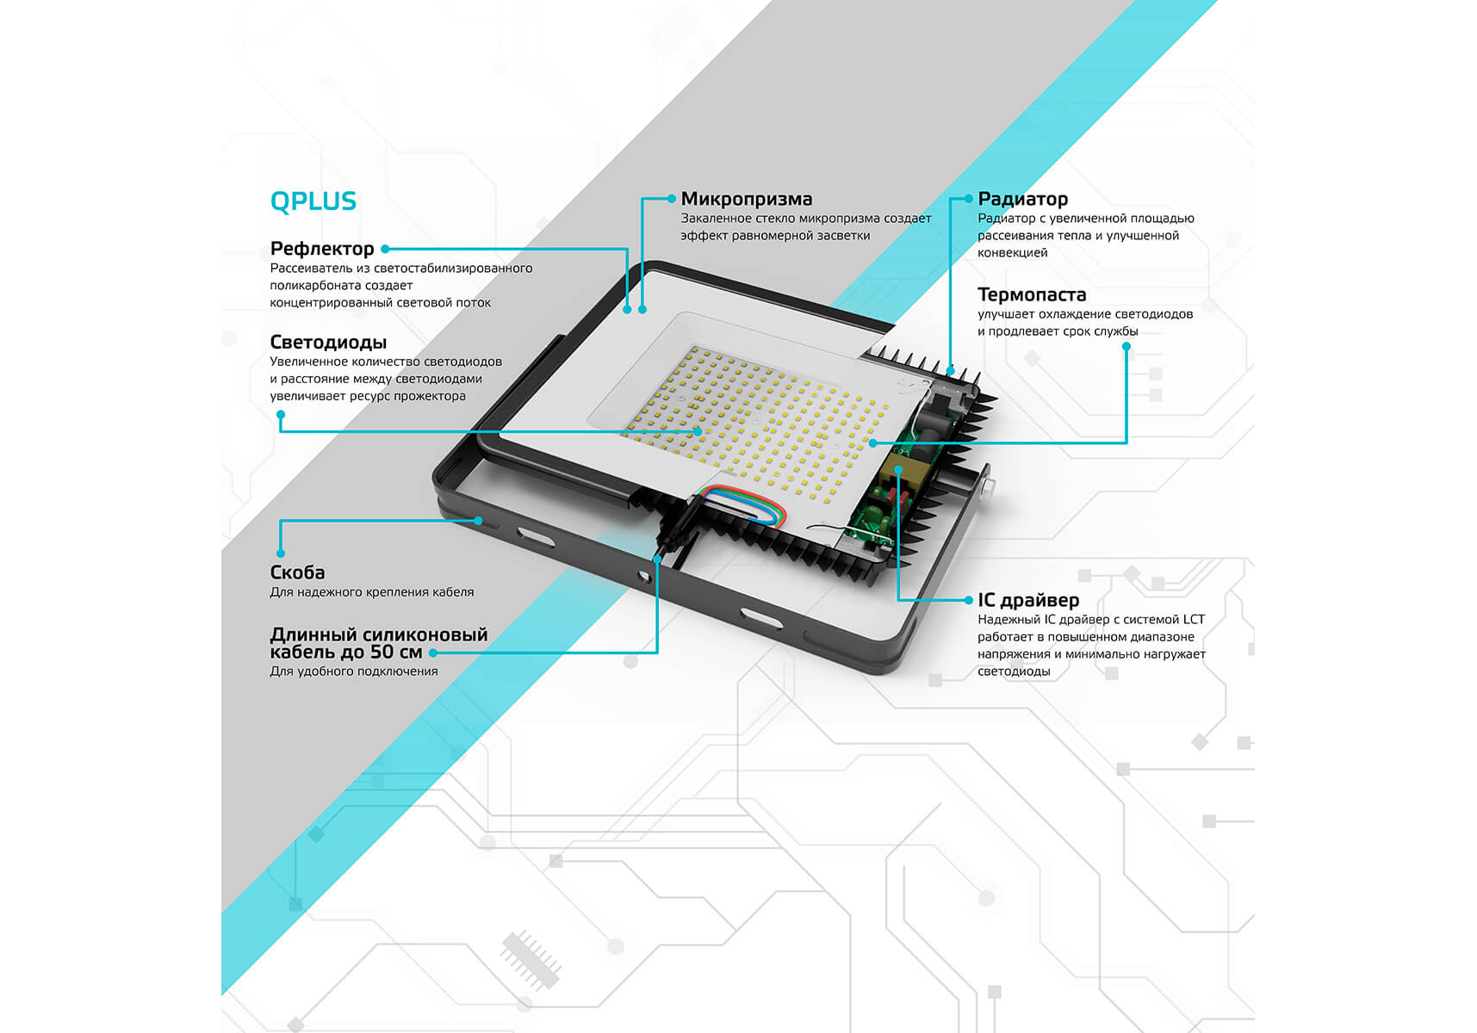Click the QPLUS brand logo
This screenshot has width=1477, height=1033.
[313, 201]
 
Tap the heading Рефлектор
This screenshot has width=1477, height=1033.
[322, 249]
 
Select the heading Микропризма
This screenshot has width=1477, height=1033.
[747, 199]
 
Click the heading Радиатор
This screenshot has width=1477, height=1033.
[1022, 199]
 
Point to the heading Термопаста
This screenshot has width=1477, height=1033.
[1032, 294]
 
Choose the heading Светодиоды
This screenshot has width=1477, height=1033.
[328, 343]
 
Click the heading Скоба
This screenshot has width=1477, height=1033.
[297, 572]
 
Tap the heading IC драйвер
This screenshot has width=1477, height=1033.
[1028, 600]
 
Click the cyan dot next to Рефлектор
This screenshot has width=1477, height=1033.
[385, 249]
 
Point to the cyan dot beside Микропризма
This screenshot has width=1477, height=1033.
[672, 199]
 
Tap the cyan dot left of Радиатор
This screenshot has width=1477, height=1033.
[969, 199]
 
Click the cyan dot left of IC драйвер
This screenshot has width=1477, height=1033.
[969, 600]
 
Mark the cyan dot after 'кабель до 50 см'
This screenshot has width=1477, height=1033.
[432, 653]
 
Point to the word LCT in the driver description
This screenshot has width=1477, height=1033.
[1194, 620]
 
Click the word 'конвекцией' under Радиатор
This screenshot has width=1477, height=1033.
[1012, 253]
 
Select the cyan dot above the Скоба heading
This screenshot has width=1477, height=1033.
[281, 554]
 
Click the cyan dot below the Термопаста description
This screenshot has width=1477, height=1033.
[1126, 347]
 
